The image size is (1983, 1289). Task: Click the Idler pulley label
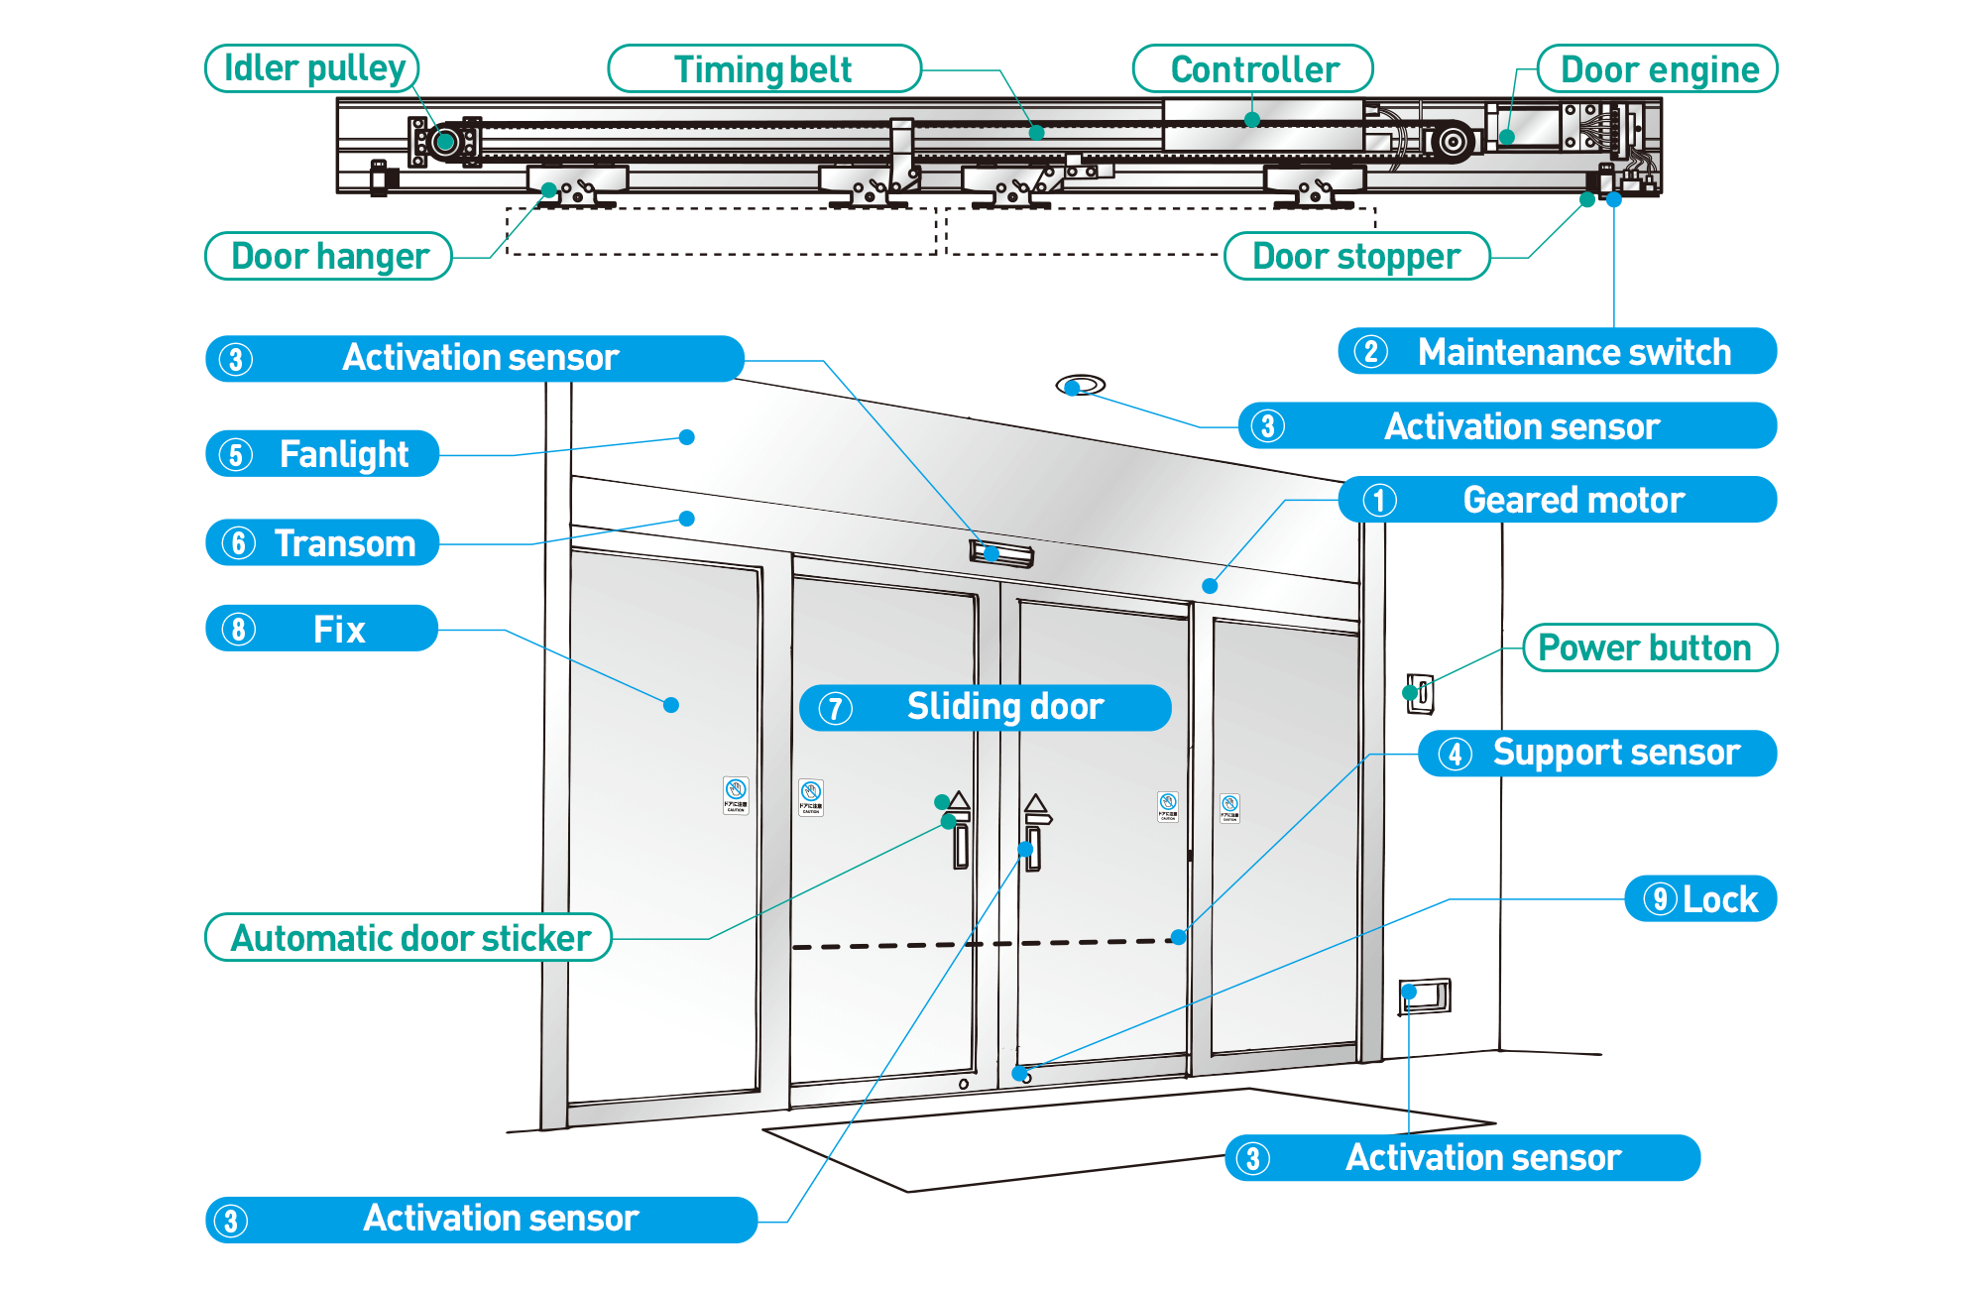[312, 68]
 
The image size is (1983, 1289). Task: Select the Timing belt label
[763, 69]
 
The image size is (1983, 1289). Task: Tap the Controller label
[1253, 69]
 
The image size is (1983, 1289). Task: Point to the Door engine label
[1658, 69]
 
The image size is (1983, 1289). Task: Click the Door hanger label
[329, 256]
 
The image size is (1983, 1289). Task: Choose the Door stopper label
[1356, 256]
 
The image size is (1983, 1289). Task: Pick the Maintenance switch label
[1557, 352]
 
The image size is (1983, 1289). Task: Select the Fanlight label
[322, 454]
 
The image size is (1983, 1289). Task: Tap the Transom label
[322, 543]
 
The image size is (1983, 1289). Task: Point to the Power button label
[1649, 647]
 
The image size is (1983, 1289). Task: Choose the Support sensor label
[1597, 753]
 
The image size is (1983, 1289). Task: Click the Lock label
[1701, 899]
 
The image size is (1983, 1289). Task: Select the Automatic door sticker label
[408, 938]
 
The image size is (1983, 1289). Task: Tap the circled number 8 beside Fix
[238, 629]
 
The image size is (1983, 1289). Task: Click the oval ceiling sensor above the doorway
[1081, 385]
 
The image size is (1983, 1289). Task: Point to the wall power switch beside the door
[1421, 692]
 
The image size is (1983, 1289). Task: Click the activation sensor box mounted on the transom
[1001, 553]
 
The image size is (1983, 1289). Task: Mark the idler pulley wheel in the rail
[446, 142]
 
